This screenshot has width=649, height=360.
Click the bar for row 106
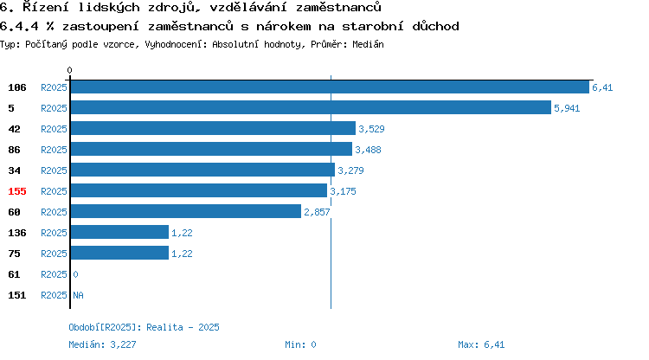point(330,87)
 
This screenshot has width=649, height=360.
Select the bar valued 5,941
point(311,107)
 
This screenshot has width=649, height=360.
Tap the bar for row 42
point(213,128)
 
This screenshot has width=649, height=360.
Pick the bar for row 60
point(186,211)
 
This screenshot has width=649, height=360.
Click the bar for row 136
point(119,232)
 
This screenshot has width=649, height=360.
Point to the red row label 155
point(17,191)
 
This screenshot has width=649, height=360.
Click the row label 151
point(17,295)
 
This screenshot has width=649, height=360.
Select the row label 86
point(14,150)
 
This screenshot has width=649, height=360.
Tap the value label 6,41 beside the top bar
point(602,87)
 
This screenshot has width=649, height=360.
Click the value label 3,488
point(368,150)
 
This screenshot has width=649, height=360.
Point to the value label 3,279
point(350,170)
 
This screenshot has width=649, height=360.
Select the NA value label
point(78,295)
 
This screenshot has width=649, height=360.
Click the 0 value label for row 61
point(75,274)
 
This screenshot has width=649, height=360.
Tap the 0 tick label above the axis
point(69,70)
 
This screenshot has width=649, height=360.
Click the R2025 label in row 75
point(54,254)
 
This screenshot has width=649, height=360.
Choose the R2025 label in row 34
point(54,170)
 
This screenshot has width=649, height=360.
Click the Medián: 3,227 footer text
point(102,344)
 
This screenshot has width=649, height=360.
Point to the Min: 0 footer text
point(300,344)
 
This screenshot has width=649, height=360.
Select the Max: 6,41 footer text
point(481,344)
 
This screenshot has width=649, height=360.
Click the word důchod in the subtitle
point(435,26)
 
